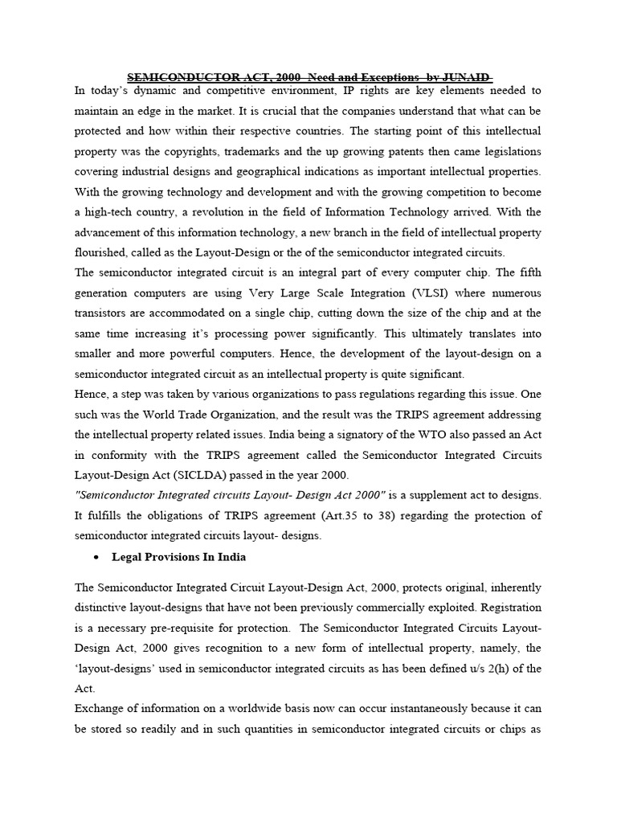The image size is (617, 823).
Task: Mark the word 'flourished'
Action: coord(101,252)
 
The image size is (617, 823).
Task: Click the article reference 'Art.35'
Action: coord(359,515)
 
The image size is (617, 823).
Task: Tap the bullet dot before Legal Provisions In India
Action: coord(96,557)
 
